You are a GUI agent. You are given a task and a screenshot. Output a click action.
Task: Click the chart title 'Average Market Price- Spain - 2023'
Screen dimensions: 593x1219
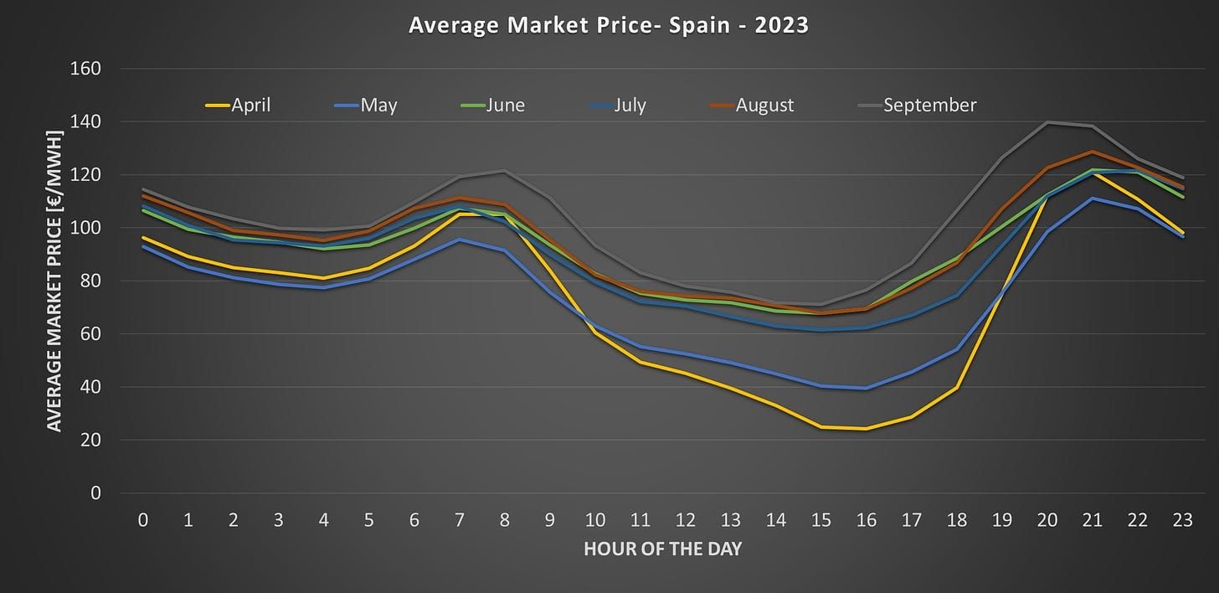point(609,25)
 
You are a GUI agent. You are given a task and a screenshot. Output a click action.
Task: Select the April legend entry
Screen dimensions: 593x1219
point(239,106)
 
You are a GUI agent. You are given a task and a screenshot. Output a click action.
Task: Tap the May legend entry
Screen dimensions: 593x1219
point(366,106)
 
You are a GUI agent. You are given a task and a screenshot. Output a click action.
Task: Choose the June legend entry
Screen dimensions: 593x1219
point(494,106)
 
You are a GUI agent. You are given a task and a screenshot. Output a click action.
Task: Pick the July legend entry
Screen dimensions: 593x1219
point(617,106)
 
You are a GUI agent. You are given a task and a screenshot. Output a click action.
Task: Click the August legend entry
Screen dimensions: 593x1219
point(751,106)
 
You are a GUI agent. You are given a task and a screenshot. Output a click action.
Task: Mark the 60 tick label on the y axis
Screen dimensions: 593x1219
point(88,334)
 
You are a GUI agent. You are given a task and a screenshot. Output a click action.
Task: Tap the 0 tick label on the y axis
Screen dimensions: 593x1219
point(95,493)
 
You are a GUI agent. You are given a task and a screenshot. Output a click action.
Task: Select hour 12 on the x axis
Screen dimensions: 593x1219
point(686,520)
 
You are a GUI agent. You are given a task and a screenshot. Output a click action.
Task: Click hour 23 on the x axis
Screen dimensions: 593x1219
point(1182,520)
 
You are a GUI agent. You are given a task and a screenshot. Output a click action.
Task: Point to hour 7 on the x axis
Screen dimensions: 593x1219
point(460,520)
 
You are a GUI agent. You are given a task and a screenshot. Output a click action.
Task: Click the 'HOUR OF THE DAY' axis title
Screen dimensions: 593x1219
point(661,549)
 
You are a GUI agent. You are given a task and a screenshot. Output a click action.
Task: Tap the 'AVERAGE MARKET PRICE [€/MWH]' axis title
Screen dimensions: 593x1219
point(54,281)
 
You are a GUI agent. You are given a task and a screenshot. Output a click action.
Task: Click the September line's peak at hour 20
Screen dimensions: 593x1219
point(1047,122)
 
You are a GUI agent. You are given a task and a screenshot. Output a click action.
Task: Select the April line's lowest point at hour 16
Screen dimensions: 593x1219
point(867,429)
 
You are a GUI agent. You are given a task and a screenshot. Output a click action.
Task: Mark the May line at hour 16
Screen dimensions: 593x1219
point(867,388)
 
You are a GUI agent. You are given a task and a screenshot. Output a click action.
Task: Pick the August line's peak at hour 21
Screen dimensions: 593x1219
point(1093,152)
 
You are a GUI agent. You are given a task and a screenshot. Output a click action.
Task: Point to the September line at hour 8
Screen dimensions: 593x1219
point(505,172)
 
